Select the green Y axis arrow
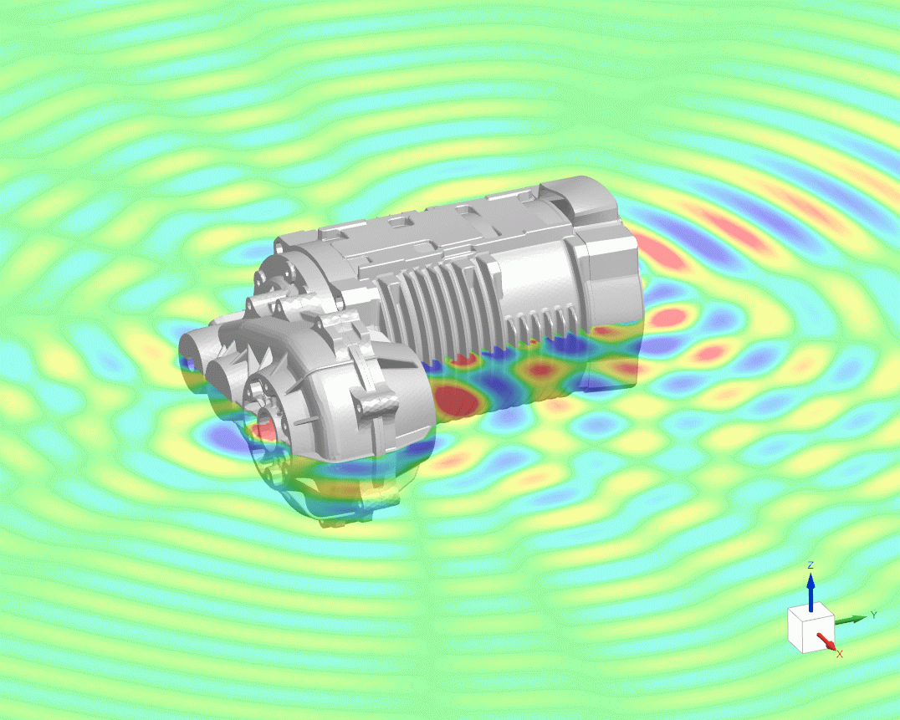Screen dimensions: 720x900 point(851,619)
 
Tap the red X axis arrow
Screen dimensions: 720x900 point(826,642)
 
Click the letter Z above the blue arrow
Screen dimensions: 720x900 point(810,566)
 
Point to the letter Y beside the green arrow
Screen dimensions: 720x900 point(872,615)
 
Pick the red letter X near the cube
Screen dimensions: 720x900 point(839,653)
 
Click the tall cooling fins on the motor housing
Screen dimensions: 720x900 point(435,309)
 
